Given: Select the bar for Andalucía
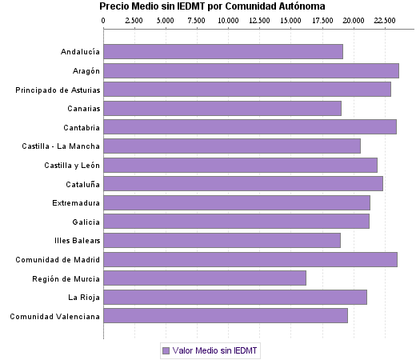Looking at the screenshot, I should [223, 52].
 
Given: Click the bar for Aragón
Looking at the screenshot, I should [251, 70].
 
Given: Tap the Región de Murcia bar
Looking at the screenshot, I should [205, 278].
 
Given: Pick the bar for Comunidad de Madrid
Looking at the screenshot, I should [250, 259].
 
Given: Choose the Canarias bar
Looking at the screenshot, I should [222, 109].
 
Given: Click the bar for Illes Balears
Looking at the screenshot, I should [222, 241].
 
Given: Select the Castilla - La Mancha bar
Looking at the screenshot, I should [232, 146].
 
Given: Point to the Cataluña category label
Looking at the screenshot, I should [81, 184].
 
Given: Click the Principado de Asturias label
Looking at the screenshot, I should [58, 90].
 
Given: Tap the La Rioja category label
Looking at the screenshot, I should [84, 298].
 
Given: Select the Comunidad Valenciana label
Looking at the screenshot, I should [55, 317].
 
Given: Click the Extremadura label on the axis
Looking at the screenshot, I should [76, 203].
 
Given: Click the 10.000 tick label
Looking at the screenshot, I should [228, 19].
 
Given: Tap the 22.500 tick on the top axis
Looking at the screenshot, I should [385, 19].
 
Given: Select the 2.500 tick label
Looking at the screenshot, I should [134, 19].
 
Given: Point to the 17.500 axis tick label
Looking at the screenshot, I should [322, 19].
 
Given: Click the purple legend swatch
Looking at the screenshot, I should [166, 350].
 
